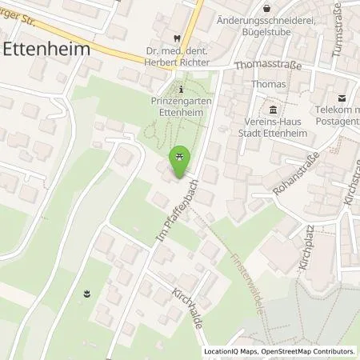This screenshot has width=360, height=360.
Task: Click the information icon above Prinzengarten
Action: point(182,89)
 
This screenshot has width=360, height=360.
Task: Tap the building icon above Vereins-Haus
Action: point(274,110)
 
